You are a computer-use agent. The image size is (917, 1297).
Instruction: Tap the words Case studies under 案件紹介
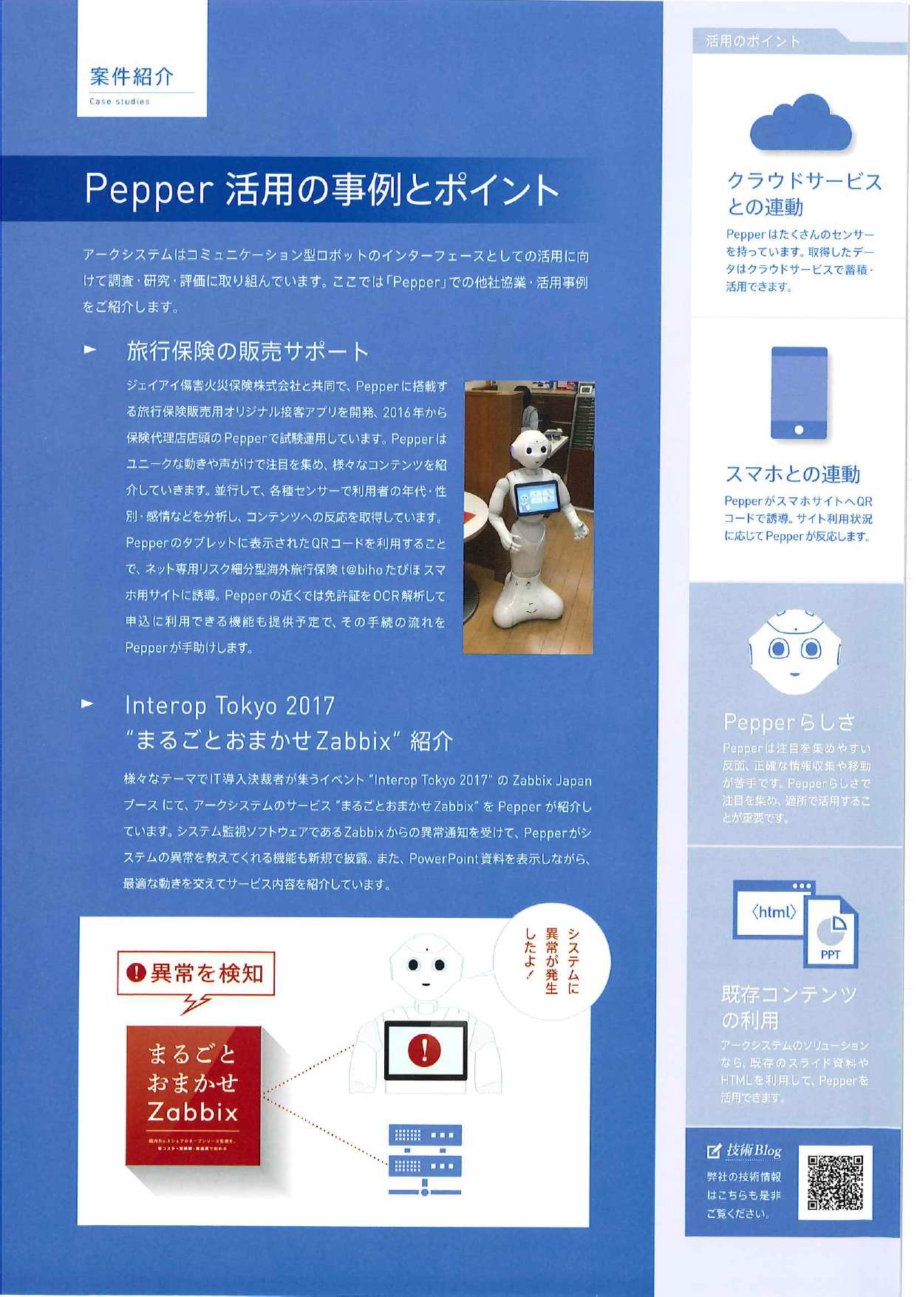pos(119,102)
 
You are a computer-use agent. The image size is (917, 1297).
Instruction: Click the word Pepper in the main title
pos(149,189)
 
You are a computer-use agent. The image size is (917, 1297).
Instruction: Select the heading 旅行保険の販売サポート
pos(248,351)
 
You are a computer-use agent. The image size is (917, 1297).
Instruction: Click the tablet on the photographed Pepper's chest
pos(536,497)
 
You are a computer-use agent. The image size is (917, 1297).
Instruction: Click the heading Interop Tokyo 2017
pos(230,706)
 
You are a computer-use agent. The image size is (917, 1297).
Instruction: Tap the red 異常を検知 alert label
pos(196,973)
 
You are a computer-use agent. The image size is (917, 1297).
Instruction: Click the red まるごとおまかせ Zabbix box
pos(194,1094)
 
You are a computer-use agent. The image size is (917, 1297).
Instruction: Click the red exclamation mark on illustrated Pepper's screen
pos(424,1049)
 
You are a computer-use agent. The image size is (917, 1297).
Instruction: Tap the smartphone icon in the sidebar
pos(799,393)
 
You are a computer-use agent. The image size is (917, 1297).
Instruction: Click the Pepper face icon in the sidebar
pos(794,651)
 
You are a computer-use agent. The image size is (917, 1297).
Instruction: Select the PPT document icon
pos(832,933)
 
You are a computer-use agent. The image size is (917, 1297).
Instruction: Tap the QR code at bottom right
pos(835,1182)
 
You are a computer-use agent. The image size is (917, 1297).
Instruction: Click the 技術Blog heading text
pos(753,1151)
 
